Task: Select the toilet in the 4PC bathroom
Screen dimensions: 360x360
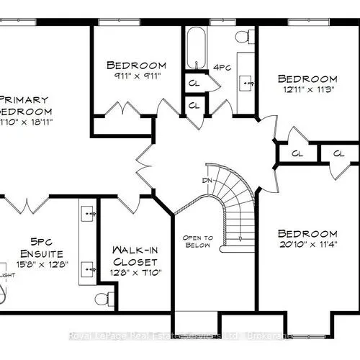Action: pyautogui.click(x=243, y=36)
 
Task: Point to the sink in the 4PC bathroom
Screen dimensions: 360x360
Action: pyautogui.click(x=249, y=83)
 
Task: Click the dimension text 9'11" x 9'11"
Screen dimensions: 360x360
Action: pyautogui.click(x=135, y=76)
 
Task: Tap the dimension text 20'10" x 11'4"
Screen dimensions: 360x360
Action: pyautogui.click(x=307, y=246)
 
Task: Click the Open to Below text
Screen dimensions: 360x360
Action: pyautogui.click(x=197, y=241)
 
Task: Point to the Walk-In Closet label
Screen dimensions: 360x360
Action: pyautogui.click(x=135, y=255)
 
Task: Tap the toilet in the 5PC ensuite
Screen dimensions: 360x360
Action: pyautogui.click(x=102, y=298)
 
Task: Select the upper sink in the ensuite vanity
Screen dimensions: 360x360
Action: pyautogui.click(x=90, y=214)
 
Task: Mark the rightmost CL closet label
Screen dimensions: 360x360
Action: pyautogui.click(x=338, y=153)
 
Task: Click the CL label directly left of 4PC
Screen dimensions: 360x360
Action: pyautogui.click(x=194, y=82)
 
